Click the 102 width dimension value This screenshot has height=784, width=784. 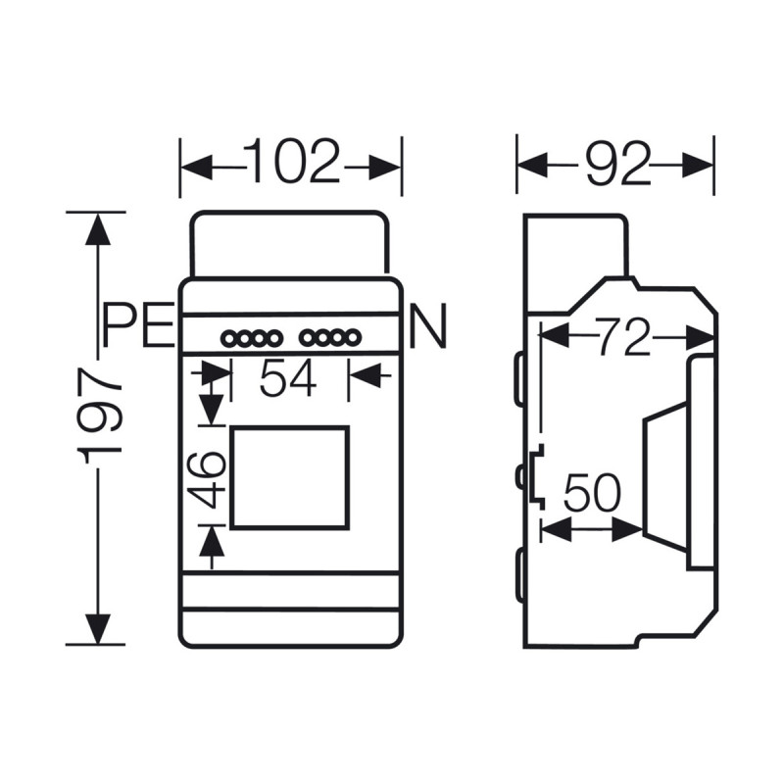pos(291,163)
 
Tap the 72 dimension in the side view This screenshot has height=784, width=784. pos(624,337)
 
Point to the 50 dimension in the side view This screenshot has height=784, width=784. pos(591,495)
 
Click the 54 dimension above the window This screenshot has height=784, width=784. pos(288,378)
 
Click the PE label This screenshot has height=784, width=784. pos(138,325)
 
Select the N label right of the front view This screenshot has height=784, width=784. pos(428,326)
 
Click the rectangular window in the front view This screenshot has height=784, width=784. pos(290,477)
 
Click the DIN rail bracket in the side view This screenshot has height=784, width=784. pos(536,476)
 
